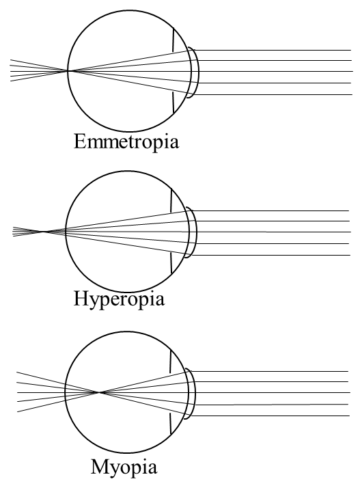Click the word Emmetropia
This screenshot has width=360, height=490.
coord(126,144)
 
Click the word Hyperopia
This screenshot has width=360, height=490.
coord(121,299)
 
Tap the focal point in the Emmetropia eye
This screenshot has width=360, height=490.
coord(68,70)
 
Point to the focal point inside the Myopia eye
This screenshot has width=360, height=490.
coord(100,392)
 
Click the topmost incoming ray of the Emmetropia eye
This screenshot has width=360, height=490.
coord(273,49)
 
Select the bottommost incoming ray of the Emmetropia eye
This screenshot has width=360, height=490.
coord(273,94)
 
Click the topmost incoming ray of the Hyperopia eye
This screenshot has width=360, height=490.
coord(273,210)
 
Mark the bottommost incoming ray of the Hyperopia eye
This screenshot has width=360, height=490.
coord(273,256)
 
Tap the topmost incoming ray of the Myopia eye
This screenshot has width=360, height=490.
coord(273,370)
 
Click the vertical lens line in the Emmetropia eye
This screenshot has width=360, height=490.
coord(174,71)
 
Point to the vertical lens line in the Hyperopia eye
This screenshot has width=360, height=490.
coord(171,232)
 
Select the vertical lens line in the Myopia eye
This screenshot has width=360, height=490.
coord(171,393)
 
